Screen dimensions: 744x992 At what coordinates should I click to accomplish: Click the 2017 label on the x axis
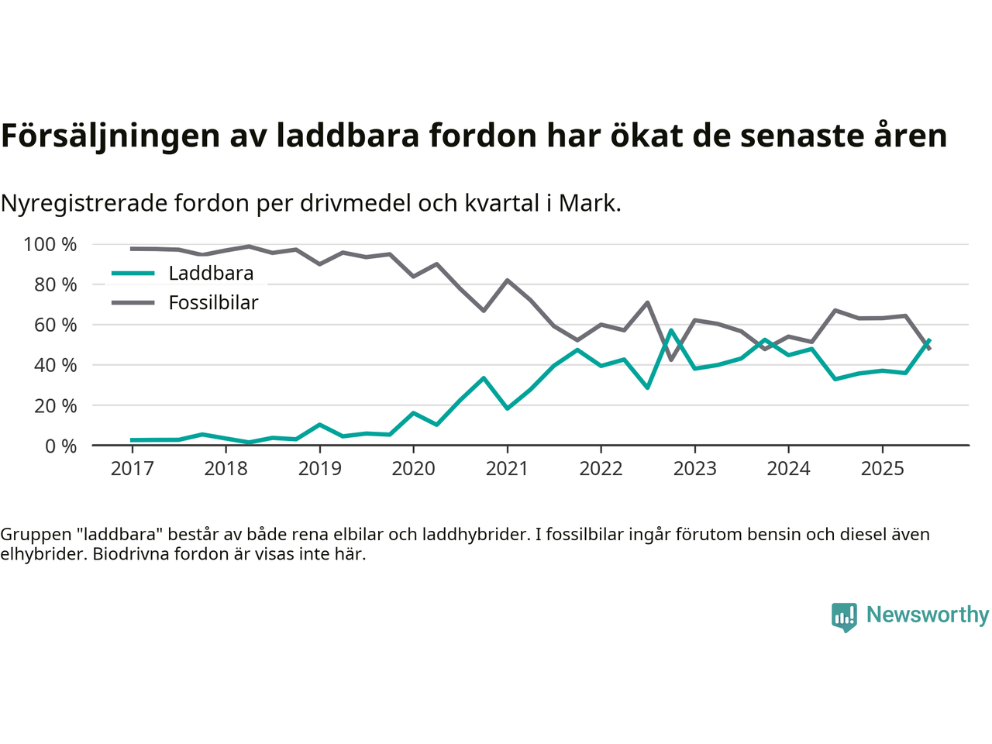click(132, 469)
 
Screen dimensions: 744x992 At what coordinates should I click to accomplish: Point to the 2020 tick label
click(413, 469)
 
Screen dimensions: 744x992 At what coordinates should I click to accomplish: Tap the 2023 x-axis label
click(694, 469)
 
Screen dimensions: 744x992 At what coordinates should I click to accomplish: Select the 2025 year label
click(882, 469)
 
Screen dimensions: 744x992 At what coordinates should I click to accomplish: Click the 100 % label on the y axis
click(50, 245)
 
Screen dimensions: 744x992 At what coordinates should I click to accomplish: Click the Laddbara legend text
click(211, 274)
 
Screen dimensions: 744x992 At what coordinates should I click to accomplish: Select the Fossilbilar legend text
click(213, 303)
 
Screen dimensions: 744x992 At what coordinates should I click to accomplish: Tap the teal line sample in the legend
click(133, 274)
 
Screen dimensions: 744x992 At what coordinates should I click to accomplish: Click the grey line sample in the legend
click(133, 302)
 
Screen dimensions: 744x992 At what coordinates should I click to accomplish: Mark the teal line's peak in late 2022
click(671, 331)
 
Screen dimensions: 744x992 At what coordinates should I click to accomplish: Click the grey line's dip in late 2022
click(671, 360)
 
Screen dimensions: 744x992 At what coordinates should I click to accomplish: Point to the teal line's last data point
click(929, 340)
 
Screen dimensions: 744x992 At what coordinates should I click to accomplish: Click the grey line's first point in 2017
click(132, 249)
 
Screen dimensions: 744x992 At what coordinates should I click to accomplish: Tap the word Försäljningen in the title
click(111, 136)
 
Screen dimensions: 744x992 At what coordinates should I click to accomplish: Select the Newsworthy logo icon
click(844, 617)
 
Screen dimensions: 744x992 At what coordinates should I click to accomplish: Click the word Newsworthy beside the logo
click(928, 615)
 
